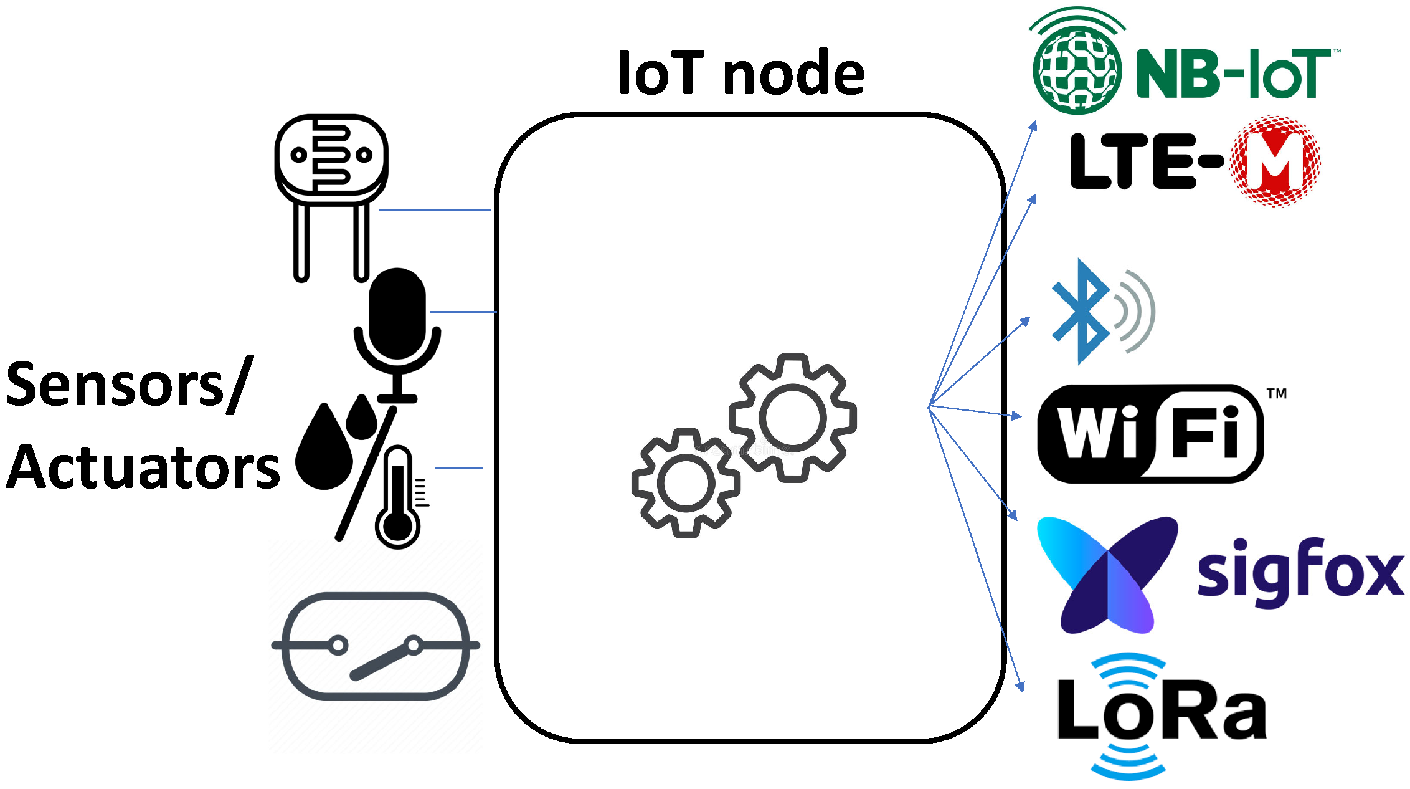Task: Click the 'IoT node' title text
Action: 740,74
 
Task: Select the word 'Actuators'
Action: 143,467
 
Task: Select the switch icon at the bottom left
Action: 376,646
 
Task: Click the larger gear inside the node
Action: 793,418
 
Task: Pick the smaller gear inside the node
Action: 686,483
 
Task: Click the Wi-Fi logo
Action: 1150,433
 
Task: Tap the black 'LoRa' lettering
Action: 1162,710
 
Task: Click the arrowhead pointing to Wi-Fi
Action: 1016,416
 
